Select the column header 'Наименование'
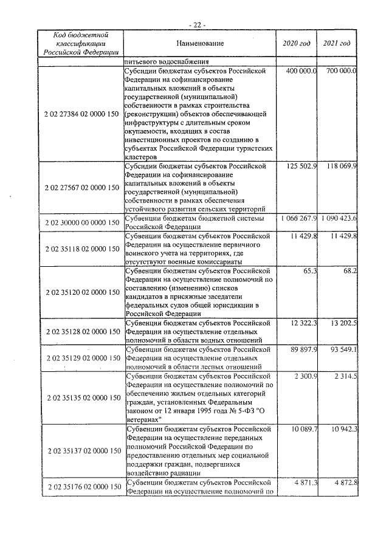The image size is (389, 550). click(200, 43)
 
